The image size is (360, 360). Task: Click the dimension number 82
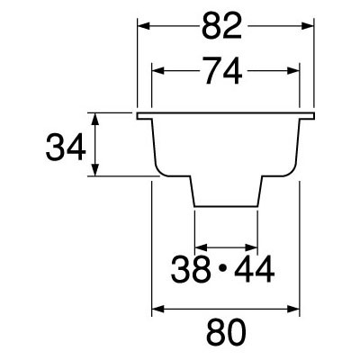click(x=221, y=26)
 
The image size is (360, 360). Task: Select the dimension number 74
click(x=223, y=71)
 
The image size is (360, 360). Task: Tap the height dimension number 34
click(x=66, y=148)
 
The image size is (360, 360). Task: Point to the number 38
click(x=191, y=269)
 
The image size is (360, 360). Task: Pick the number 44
click(x=255, y=269)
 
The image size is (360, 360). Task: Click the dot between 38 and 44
click(x=222, y=269)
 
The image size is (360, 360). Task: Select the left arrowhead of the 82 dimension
click(x=143, y=26)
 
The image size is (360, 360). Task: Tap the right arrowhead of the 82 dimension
click(x=308, y=26)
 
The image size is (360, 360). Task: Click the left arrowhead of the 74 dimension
click(x=158, y=71)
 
